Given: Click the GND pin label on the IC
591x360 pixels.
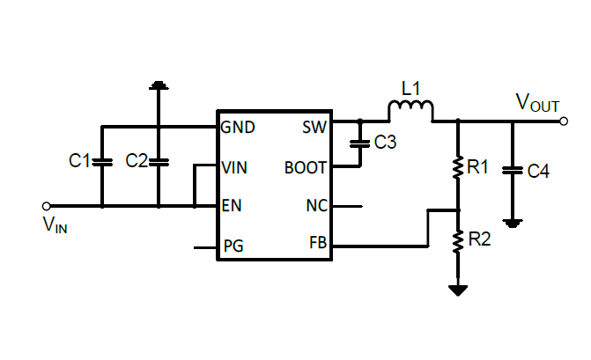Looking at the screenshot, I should (239, 127).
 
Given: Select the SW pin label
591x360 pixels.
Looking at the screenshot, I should (314, 127).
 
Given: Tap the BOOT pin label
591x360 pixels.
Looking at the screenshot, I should (305, 167).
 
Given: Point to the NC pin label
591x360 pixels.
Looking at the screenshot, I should (316, 206).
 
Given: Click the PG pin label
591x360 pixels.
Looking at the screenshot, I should (234, 246).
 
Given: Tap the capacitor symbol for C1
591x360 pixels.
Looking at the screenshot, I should (102, 161).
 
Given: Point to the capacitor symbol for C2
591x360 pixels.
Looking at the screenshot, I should (159, 161).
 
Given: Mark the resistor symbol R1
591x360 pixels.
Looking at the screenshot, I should (457, 167).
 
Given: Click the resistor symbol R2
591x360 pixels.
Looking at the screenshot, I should (457, 240).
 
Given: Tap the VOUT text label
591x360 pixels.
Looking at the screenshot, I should (537, 104).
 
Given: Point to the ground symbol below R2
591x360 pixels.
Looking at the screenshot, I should (457, 290).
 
